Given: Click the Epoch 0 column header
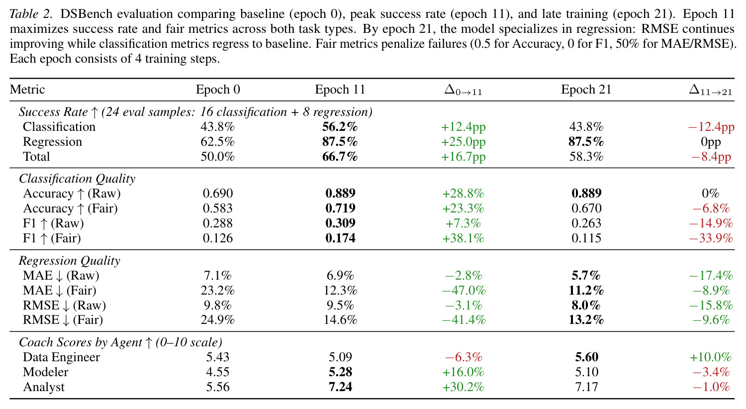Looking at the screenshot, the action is pos(218,89).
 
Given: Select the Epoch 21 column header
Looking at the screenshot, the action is pos(586,89).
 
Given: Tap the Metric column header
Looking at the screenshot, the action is pos(27,89).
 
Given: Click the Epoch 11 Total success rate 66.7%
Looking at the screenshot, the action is pos(340,157).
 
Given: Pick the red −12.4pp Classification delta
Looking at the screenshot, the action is pos(711,127).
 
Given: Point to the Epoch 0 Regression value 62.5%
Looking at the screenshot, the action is pos(217,141).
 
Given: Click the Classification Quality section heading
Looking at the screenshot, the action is pos(77,179).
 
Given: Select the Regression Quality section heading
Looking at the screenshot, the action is pos(69,260).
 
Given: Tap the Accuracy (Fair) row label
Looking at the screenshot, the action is pos(70,208).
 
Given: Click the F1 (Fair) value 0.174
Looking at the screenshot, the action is pos(340,238).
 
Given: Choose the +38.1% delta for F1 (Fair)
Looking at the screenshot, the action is pos(463,238).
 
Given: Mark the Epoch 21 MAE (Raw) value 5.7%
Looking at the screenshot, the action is pos(586,276).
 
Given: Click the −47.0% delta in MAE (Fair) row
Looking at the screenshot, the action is pos(464,291).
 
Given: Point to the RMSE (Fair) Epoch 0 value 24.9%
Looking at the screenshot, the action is pos(217,320).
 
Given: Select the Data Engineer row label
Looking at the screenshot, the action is pos(61,357).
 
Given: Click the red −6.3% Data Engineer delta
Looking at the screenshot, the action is pos(464,357).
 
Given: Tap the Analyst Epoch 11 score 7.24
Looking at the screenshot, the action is pos(340,387).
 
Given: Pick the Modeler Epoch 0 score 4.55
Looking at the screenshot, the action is pos(217,372).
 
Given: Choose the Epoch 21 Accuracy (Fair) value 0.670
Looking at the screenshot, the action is pos(586,208).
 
